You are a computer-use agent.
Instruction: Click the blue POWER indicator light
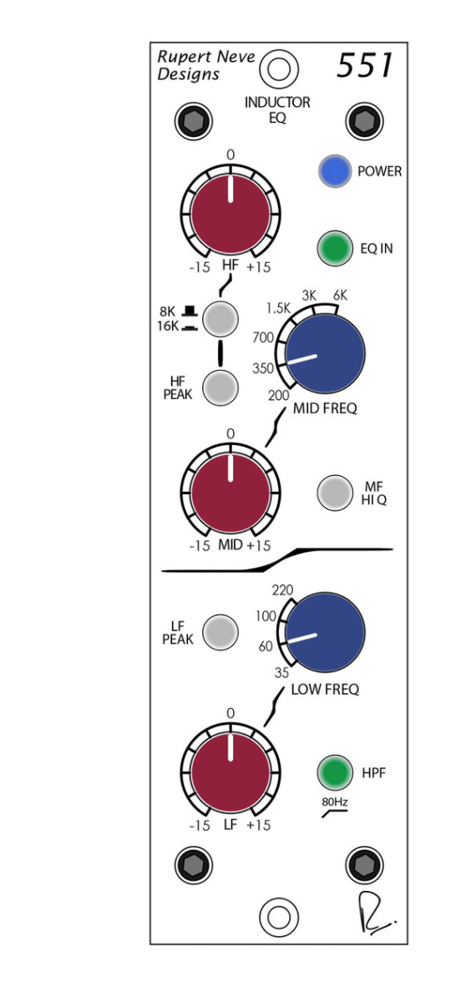pyautogui.click(x=334, y=171)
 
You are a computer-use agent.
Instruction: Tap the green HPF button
pyautogui.click(x=334, y=772)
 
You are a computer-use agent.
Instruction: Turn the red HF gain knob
pyautogui.click(x=231, y=214)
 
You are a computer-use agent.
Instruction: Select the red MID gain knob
pyautogui.click(x=231, y=493)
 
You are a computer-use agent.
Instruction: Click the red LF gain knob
pyautogui.click(x=231, y=772)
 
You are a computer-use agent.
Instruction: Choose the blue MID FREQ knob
pyautogui.click(x=326, y=353)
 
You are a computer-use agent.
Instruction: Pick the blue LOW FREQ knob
pyautogui.click(x=326, y=632)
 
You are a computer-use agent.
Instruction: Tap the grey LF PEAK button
pyautogui.click(x=220, y=632)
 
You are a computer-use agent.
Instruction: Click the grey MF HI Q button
pyautogui.click(x=335, y=493)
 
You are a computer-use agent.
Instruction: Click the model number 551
pyautogui.click(x=365, y=65)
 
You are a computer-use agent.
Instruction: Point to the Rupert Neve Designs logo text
pyautogui.click(x=205, y=65)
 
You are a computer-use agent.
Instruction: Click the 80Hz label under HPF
pyautogui.click(x=335, y=802)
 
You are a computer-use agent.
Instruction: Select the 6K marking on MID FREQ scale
pyautogui.click(x=340, y=296)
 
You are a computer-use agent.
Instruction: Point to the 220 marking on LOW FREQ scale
pyautogui.click(x=282, y=590)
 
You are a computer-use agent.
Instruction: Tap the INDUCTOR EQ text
pyautogui.click(x=277, y=110)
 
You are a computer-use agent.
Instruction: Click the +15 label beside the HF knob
pyautogui.click(x=259, y=267)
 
